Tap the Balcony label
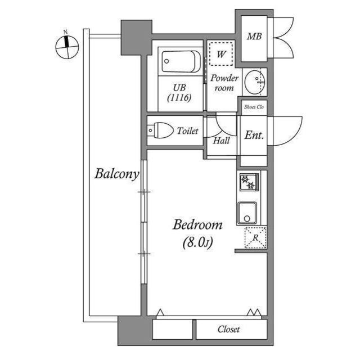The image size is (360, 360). point(116,174)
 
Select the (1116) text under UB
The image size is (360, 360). point(179,97)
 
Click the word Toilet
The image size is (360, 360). point(187,131)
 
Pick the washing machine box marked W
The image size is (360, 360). point(221,55)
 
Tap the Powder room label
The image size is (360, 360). point(224,83)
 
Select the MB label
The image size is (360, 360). point(254,37)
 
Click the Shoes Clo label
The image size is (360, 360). point(254,106)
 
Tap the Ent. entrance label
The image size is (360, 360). point(254,135)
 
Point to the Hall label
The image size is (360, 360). point(221,140)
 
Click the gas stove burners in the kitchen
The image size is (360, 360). point(249,183)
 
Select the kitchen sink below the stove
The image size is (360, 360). point(247,213)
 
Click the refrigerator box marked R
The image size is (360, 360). point(255,238)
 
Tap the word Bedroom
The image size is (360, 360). point(197,226)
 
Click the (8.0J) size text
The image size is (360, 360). point(196,242)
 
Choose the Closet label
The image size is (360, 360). point(229,329)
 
